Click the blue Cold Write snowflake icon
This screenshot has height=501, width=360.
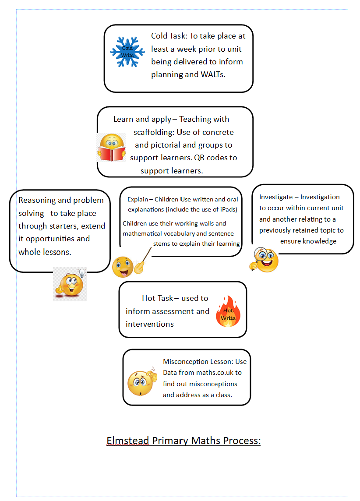pos(127,52)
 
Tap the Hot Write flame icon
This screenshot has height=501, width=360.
pos(228,312)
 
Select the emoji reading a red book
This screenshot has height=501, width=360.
pos(111,148)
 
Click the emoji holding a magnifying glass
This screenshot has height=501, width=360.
pos(264,260)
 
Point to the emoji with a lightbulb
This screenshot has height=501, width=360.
pos(70,284)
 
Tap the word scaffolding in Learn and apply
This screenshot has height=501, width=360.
pos(155,132)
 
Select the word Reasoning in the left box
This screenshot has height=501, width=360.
pos(37,200)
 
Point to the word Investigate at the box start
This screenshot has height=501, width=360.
pos(276,197)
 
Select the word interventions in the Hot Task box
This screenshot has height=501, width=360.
pos(150,324)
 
